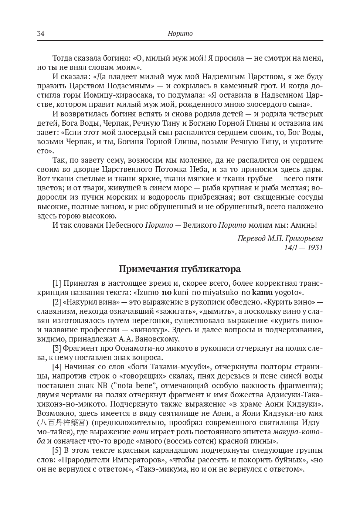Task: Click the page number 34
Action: pyautogui.click(x=41, y=34)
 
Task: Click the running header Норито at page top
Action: pyautogui.click(x=180, y=34)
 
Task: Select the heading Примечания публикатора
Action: pyautogui.click(x=180, y=269)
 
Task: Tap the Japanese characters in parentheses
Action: pyautogui.click(x=63, y=422)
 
